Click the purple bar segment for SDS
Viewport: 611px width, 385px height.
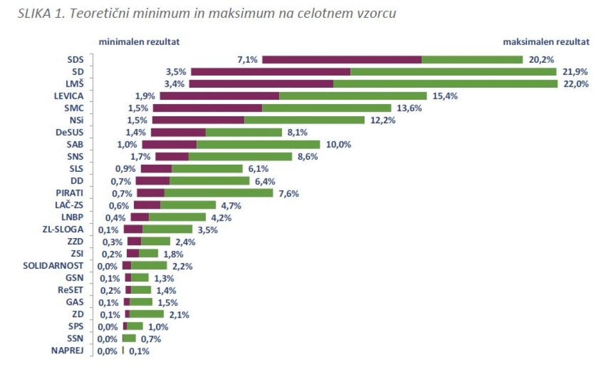(342, 60)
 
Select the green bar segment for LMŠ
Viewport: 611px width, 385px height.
(445, 84)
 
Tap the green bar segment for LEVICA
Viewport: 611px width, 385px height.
(353, 96)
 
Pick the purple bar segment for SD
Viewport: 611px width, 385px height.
(270, 72)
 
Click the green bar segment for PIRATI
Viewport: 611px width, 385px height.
(218, 193)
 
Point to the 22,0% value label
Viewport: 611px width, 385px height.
(575, 84)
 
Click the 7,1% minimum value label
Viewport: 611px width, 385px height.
(247, 60)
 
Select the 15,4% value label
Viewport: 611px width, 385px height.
(443, 96)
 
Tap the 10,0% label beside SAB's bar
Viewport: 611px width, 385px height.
(339, 144)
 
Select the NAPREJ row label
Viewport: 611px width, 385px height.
(67, 350)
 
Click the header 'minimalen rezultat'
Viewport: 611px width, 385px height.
(139, 42)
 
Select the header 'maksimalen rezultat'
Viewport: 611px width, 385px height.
(546, 42)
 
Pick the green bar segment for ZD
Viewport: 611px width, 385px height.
(147, 314)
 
